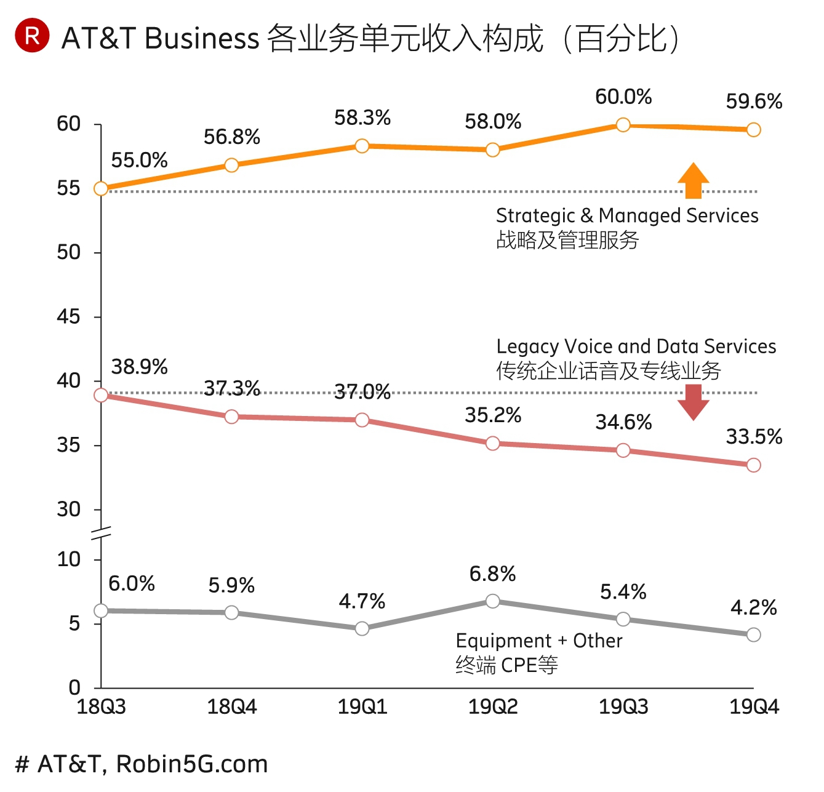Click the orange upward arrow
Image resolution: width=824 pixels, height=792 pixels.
point(694,181)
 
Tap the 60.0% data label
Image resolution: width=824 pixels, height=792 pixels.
point(623,97)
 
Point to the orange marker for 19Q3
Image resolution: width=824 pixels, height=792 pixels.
point(623,126)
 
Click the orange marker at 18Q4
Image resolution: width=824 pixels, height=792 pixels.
point(231,165)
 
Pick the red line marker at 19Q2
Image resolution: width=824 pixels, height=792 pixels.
point(493,443)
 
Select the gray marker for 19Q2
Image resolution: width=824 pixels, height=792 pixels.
point(493,601)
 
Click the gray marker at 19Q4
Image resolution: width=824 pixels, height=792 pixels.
point(754,634)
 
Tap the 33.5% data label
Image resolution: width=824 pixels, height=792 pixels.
point(754,437)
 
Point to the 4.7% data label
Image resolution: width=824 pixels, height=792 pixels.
point(362,601)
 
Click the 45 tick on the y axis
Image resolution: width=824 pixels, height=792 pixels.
point(68,317)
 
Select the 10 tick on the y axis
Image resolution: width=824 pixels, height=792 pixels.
point(68,559)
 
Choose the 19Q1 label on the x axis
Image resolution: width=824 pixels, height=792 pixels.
point(362,707)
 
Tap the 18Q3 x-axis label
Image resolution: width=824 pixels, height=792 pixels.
point(101,707)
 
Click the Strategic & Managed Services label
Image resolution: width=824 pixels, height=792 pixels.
point(627,215)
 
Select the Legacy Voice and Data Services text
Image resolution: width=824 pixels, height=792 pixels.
point(636,346)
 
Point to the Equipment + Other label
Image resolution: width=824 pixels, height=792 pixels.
point(539,641)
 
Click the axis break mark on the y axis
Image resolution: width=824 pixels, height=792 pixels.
point(101,533)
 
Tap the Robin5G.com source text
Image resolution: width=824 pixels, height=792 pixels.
point(192,764)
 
